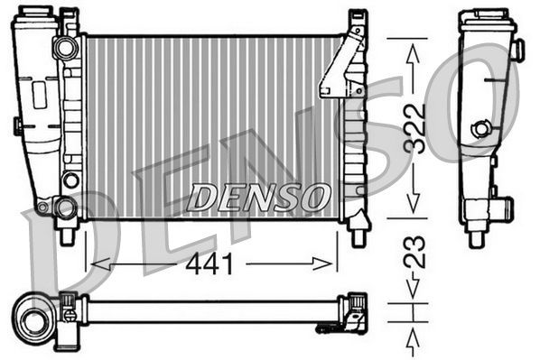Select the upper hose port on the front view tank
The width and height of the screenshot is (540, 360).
point(65,46)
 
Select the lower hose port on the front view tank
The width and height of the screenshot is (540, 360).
point(65,208)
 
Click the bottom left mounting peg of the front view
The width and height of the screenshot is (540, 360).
point(65,236)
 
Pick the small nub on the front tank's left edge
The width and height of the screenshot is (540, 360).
point(16,125)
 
